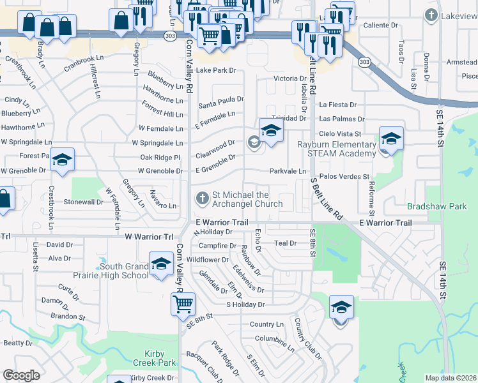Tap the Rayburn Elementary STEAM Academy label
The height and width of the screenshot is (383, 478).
pyautogui.click(x=336, y=149)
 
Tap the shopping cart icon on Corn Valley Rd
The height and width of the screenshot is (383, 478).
pyautogui.click(x=183, y=304)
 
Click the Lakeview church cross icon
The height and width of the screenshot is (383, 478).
pyautogui.click(x=432, y=15)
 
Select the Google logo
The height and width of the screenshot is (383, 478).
pyautogui.click(x=21, y=375)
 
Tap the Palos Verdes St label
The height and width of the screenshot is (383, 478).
pyautogui.click(x=344, y=176)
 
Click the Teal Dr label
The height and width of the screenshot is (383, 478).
pyautogui.click(x=285, y=243)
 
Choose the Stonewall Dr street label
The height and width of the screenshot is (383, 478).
pyautogui.click(x=83, y=202)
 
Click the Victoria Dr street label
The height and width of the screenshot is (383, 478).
pyautogui.click(x=277, y=79)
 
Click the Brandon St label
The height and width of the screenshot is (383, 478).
pyautogui.click(x=68, y=317)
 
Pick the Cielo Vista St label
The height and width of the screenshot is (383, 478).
pyautogui.click(x=341, y=134)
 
